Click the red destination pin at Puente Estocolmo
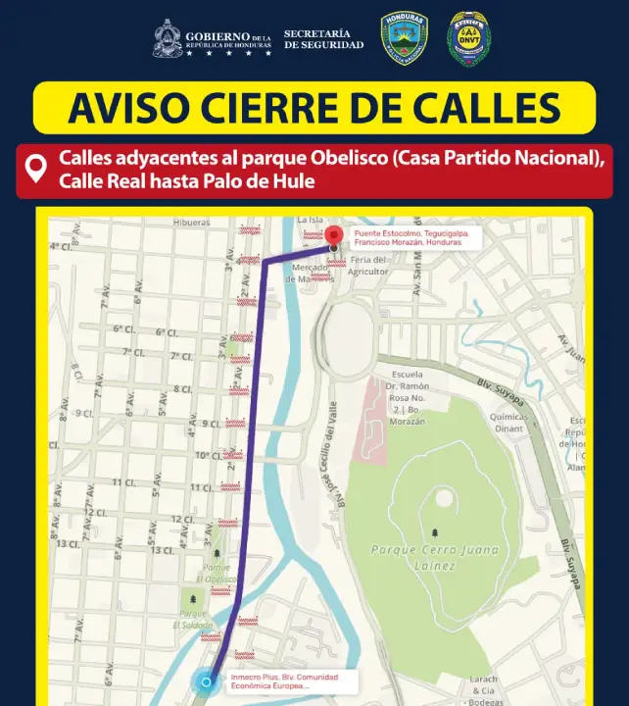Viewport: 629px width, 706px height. [x=334, y=235]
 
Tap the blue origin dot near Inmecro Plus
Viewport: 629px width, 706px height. [x=206, y=682]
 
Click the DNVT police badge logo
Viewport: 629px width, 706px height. [x=469, y=39]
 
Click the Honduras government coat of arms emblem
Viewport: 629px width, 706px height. [x=168, y=39]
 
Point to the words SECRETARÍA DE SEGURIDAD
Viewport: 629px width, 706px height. [x=323, y=39]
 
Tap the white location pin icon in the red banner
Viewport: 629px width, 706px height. [x=36, y=169]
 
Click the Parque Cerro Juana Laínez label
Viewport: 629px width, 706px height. [x=427, y=558]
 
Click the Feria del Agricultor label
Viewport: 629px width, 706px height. [x=368, y=265]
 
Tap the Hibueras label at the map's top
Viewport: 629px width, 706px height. [x=191, y=223]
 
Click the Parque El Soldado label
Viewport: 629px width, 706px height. [x=193, y=619]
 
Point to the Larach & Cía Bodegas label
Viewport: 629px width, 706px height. [x=484, y=690]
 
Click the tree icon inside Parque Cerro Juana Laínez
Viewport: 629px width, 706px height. [x=435, y=532]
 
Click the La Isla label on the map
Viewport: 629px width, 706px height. [x=309, y=220]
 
